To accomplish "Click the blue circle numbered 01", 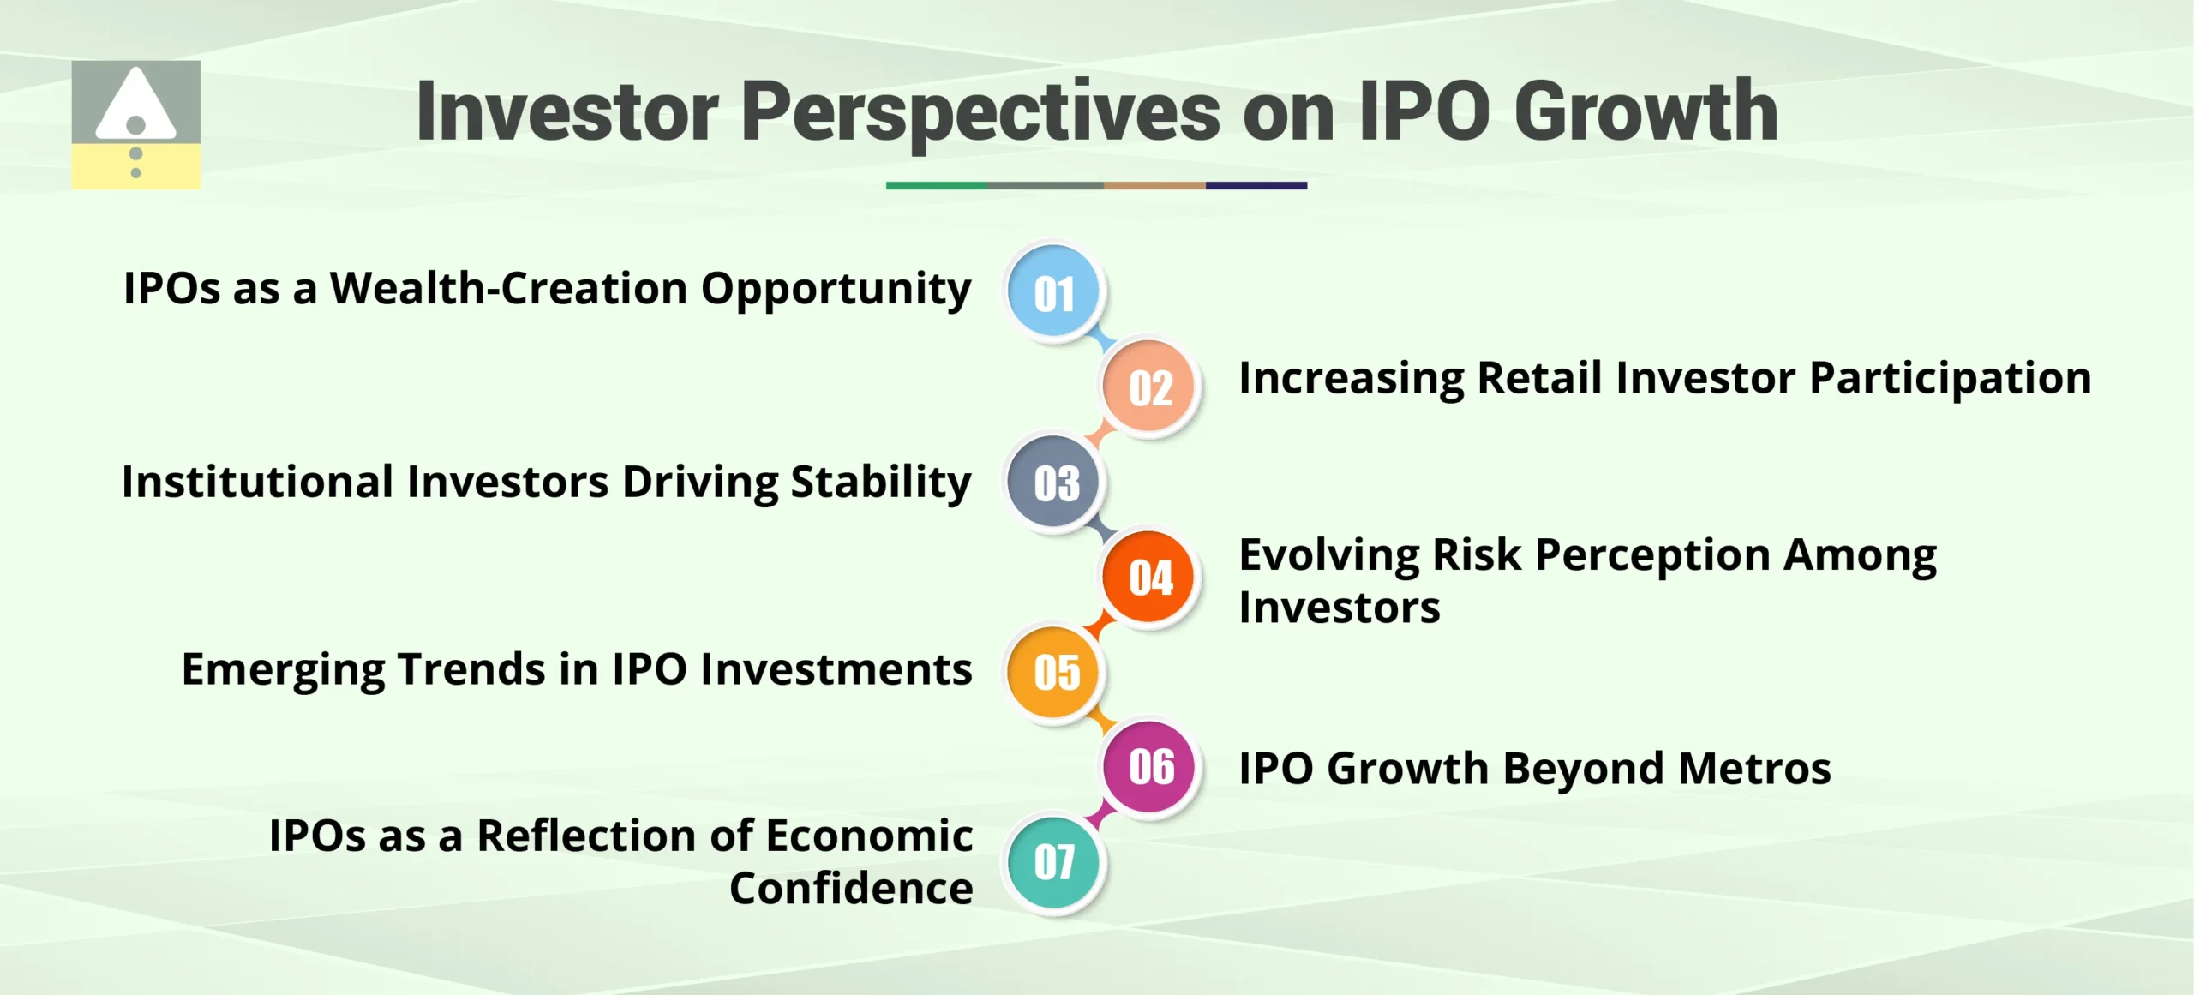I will coord(1053,292).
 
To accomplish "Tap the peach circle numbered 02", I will coord(1149,387).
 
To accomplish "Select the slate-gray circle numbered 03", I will coord(1054,483).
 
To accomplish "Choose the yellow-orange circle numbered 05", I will coord(1054,672).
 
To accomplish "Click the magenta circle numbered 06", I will coord(1149,766).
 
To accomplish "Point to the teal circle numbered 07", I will coord(1054,861).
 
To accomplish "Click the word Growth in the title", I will coord(1645,111).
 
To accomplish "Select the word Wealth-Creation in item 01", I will coord(509,288).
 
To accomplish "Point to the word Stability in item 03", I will coord(880,482).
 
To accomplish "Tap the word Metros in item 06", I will coord(1754,768).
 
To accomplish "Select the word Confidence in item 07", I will coord(851,888).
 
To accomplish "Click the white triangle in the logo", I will coord(135,107).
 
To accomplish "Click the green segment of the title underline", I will coord(937,185).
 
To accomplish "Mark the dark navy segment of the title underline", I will coord(1256,185).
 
